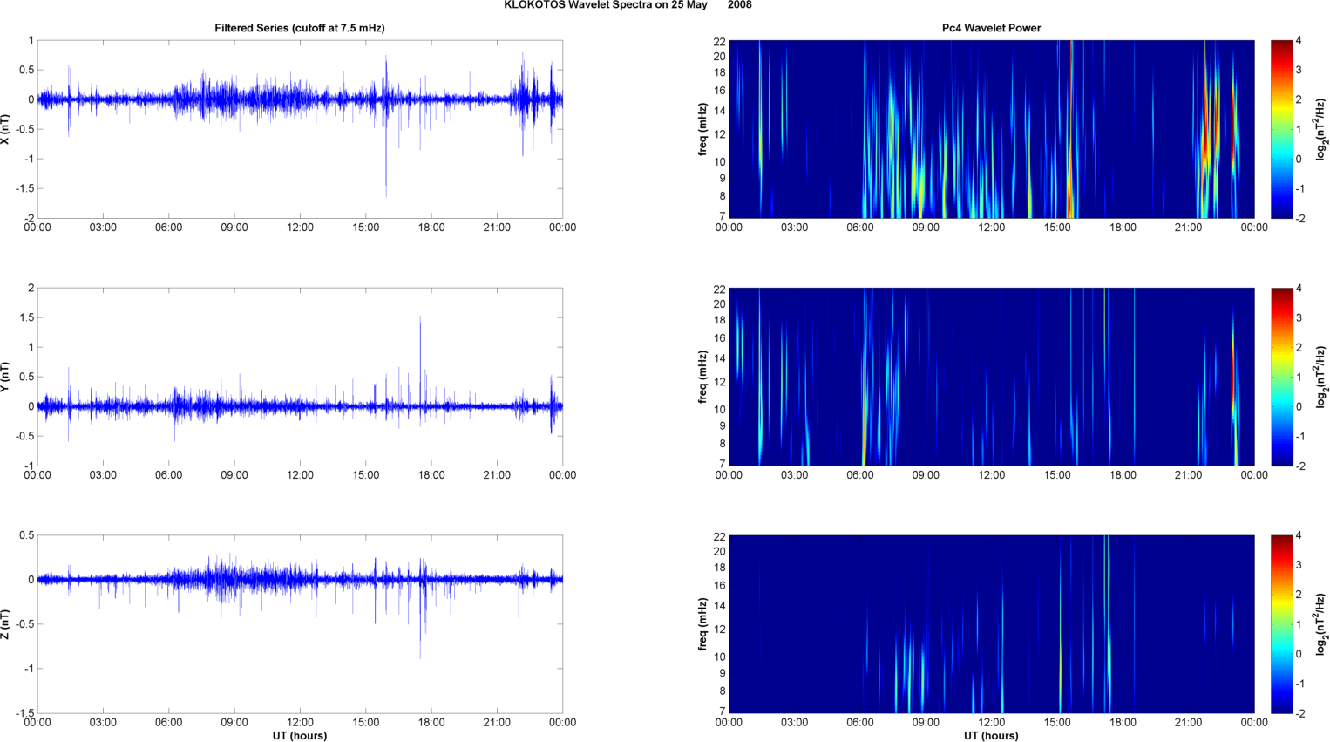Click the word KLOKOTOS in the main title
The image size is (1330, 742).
(x=534, y=4)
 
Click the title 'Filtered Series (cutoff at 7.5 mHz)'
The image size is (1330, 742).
(x=300, y=28)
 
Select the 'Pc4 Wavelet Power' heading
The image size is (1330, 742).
(x=991, y=28)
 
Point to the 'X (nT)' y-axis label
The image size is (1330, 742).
(x=5, y=129)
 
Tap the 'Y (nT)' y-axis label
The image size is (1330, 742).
(x=5, y=377)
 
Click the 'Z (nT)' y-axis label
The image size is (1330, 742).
(x=5, y=624)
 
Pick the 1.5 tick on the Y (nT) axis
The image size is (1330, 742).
(x=27, y=317)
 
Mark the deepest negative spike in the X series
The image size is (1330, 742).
(x=386, y=195)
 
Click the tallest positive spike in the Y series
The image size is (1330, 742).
(x=420, y=317)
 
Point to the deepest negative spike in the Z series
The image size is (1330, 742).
(x=424, y=695)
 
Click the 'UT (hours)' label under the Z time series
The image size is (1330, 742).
(x=300, y=736)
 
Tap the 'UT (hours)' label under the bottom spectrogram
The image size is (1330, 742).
(x=991, y=736)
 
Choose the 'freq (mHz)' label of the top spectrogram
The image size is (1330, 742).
(x=702, y=129)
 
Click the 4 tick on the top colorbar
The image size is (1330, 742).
(x=1299, y=40)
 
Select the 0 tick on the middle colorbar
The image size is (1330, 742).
(x=1299, y=406)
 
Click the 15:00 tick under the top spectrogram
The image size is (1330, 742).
(x=1057, y=228)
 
